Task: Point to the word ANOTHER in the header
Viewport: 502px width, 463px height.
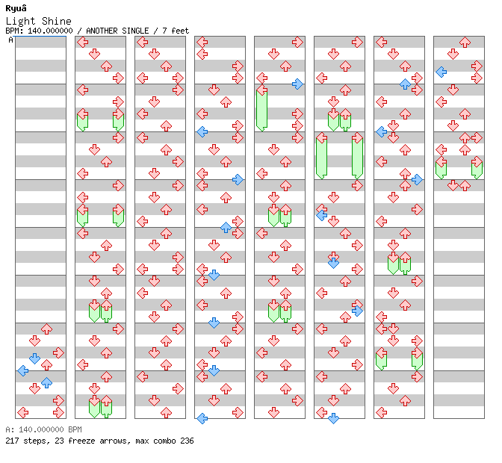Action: pos(104,31)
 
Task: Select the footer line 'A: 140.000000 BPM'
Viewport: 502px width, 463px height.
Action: pos(43,430)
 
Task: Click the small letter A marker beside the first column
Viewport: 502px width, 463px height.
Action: pos(10,40)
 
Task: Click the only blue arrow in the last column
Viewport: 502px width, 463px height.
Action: pos(441,72)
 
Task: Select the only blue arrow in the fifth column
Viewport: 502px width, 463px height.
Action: pos(297,84)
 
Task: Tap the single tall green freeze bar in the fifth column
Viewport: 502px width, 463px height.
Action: pos(261,108)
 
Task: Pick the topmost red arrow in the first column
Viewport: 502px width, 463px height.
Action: pos(46,329)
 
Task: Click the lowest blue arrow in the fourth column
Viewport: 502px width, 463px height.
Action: pos(202,418)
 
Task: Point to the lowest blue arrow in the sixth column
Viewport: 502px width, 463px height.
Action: pos(333,418)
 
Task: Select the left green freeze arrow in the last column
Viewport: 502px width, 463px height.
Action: pos(441,167)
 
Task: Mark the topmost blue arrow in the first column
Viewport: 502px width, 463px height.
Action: pos(34,358)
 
